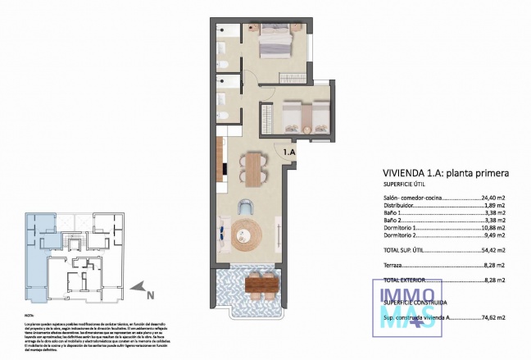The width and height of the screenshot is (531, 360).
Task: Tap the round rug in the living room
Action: click(x=245, y=235)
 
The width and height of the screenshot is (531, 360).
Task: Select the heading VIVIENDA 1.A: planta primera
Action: click(x=446, y=173)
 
